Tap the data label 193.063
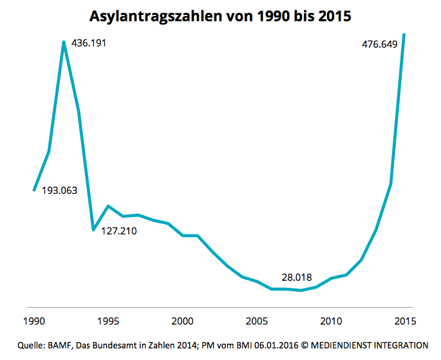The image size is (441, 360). tap(59, 191)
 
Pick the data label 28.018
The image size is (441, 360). tap(297, 278)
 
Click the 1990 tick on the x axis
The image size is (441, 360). tap(33, 320)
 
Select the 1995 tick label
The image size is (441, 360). tap(108, 320)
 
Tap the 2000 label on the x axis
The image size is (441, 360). tap(183, 320)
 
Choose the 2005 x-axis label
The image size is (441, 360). tap(257, 320)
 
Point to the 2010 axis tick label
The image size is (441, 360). tap(331, 320)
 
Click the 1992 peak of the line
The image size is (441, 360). tap(64, 43)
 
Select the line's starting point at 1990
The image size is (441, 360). tap(34, 190)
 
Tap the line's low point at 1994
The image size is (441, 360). tap(93, 229)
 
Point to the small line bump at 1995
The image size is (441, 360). tap(108, 206)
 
